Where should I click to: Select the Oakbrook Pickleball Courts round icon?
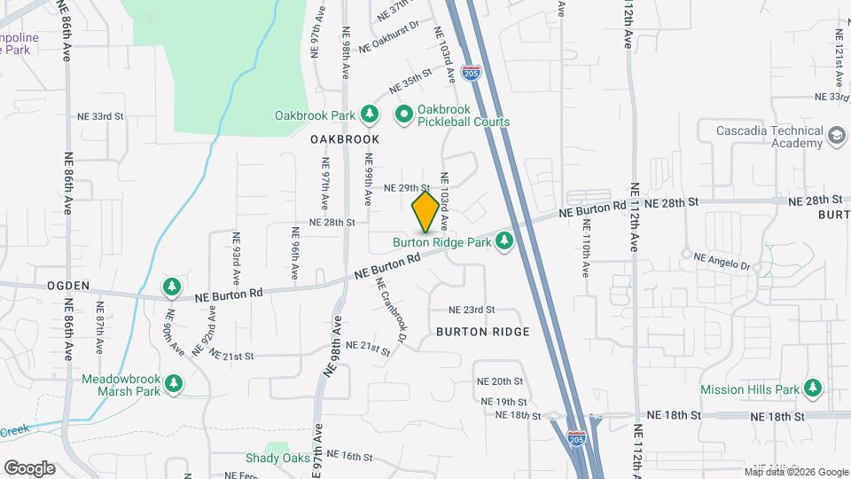(404, 115)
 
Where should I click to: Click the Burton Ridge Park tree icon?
(504, 240)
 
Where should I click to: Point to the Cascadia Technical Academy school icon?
(835, 137)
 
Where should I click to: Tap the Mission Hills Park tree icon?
(812, 389)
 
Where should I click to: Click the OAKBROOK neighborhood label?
(345, 139)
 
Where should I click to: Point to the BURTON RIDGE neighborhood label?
(483, 332)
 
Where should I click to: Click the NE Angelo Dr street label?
(722, 262)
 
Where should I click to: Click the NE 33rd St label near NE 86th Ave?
(100, 116)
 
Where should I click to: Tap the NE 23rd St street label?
(471, 310)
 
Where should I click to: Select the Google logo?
(29, 468)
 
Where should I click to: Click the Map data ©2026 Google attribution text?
(795, 471)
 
